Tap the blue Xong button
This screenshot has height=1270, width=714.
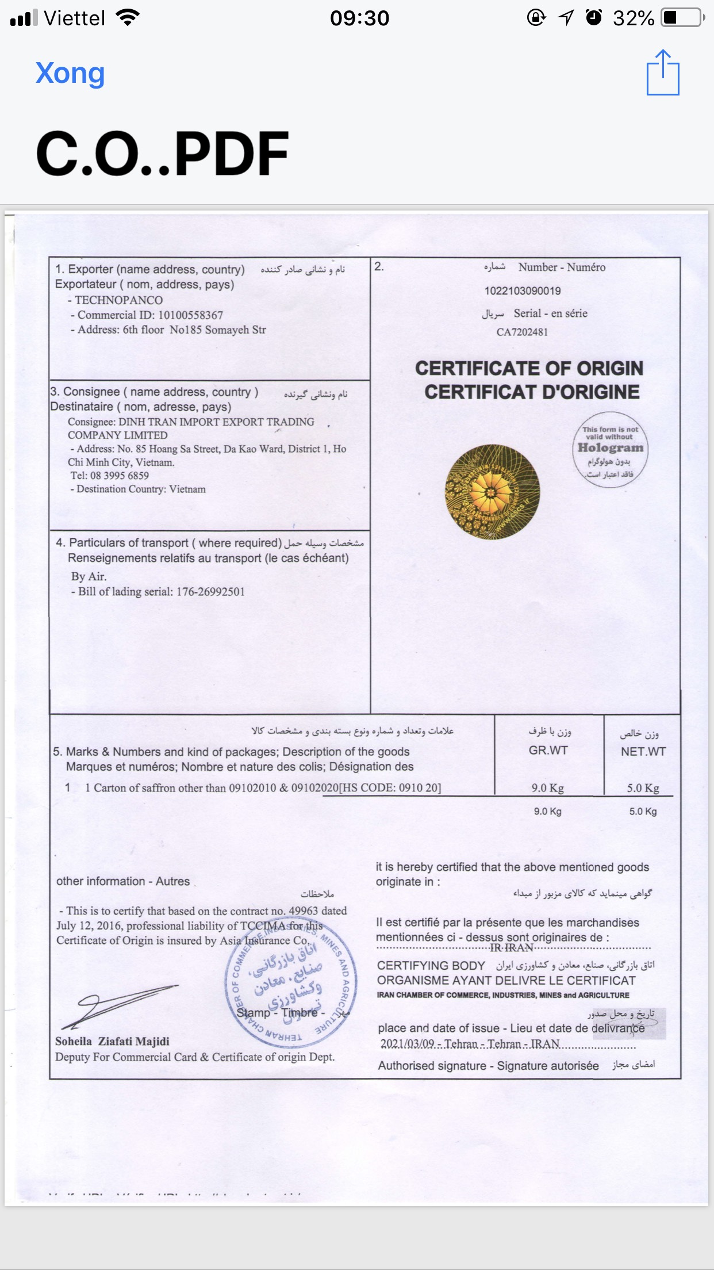[70, 74]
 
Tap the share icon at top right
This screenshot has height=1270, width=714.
[663, 72]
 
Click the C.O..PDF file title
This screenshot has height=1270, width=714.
[162, 154]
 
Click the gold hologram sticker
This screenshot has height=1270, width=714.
[492, 492]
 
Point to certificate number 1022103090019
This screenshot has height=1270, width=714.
[522, 291]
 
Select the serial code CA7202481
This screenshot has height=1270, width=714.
[522, 332]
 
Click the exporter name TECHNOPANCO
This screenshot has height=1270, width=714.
[118, 300]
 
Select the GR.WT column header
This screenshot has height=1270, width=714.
[548, 751]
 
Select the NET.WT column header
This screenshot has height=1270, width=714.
[643, 752]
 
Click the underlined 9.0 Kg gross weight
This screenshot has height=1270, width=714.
[547, 788]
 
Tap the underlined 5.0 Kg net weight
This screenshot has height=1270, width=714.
[643, 788]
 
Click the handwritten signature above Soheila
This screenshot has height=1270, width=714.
[118, 1006]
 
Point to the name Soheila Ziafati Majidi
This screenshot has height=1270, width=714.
[112, 1041]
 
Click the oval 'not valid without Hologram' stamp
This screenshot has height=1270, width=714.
[610, 450]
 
